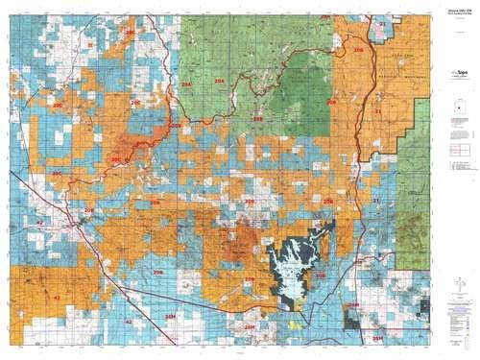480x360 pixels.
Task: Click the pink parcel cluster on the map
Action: pos(383,28)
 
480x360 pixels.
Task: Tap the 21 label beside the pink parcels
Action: pos(381,21)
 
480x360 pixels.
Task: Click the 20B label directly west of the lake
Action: pos(250,279)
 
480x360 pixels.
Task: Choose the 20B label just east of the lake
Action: pos(321,276)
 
